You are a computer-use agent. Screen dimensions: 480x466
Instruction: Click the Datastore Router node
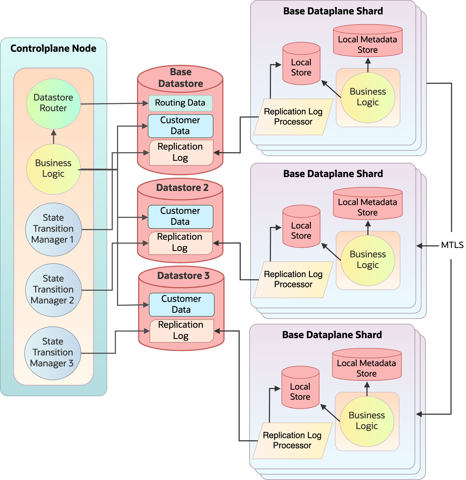pyautogui.click(x=53, y=103)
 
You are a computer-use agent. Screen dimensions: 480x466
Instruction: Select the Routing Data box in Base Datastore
pyautogui.click(x=180, y=103)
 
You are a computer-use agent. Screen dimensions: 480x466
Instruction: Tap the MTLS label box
pyautogui.click(x=452, y=245)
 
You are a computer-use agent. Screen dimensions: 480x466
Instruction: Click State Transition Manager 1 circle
pyautogui.click(x=53, y=229)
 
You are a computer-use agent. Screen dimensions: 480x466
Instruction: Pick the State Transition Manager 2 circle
pyautogui.click(x=53, y=290)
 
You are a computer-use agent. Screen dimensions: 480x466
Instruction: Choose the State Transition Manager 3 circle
pyautogui.click(x=53, y=353)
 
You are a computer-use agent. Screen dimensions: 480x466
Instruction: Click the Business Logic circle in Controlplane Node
pyautogui.click(x=53, y=169)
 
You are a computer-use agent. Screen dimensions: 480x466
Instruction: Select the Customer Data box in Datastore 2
pyautogui.click(x=180, y=217)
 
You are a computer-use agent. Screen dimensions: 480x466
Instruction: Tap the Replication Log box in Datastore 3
pyautogui.click(x=181, y=331)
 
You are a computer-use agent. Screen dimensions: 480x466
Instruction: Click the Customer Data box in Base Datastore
pyautogui.click(x=180, y=126)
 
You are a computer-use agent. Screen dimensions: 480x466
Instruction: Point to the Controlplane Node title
pyautogui.click(x=53, y=49)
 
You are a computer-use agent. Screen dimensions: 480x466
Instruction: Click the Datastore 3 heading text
pyautogui.click(x=183, y=276)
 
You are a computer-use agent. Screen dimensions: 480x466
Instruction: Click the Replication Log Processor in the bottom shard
pyautogui.click(x=292, y=440)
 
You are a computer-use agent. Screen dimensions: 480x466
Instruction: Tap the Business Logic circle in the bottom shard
pyautogui.click(x=367, y=421)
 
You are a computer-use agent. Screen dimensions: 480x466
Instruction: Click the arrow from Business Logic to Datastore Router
pyautogui.click(x=54, y=137)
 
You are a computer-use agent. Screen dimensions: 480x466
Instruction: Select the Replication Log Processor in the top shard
pyautogui.click(x=293, y=117)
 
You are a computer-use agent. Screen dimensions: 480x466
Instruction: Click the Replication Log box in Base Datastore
pyautogui.click(x=181, y=153)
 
